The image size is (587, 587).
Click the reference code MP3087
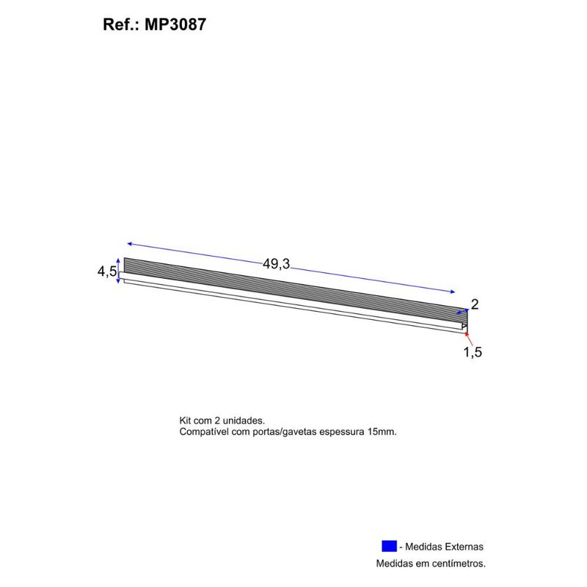175,25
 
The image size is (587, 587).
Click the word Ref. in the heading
120,25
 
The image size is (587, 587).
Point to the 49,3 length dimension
277,264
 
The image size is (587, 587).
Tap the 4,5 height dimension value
107,271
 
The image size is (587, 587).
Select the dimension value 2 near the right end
475,305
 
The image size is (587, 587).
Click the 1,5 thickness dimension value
473,352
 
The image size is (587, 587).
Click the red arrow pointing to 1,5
469,339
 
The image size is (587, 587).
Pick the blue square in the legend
389,546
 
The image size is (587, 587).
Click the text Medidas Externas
444,547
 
